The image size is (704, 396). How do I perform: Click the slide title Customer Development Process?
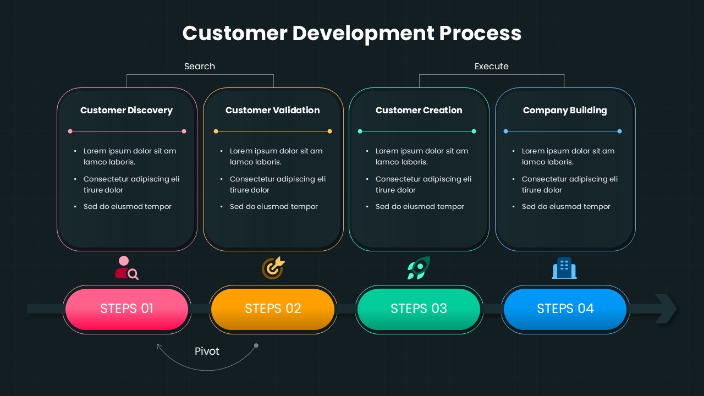352,33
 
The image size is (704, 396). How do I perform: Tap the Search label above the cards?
200,66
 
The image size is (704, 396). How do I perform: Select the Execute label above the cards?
491,66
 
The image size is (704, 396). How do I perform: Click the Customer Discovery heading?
127,110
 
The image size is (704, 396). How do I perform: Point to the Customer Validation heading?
272,110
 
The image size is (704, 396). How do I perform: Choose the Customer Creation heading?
419,110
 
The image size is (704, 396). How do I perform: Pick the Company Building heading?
565,110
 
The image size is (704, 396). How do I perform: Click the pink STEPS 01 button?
127,309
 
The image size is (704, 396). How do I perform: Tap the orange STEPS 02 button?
273,309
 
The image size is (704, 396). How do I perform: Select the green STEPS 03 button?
419,309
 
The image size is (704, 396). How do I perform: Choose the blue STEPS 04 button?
565,309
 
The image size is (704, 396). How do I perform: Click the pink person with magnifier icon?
127,268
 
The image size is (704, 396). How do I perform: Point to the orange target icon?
273,268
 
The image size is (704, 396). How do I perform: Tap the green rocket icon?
419,268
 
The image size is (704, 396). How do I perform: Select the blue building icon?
564,268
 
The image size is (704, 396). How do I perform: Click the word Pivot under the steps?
207,351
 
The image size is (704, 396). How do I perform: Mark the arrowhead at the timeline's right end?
666,309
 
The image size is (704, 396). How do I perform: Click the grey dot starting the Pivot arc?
256,345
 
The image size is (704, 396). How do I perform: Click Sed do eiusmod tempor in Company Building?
566,206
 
